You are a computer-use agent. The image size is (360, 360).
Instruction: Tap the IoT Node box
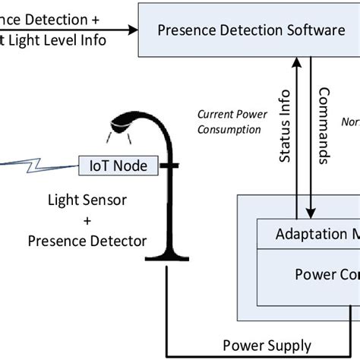coord(119,164)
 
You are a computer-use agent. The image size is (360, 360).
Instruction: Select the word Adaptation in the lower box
coord(299,233)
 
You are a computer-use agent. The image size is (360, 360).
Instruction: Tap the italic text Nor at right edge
coord(350,122)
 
